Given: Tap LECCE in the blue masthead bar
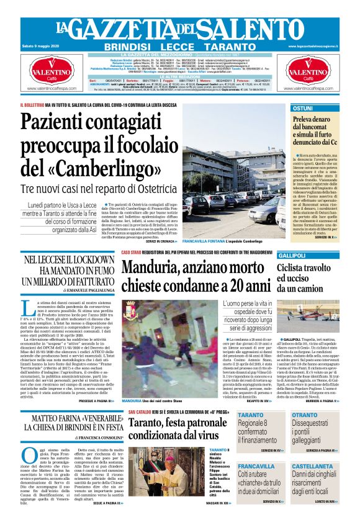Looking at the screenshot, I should coord(180,47).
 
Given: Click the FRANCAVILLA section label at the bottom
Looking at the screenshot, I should coord(256,466).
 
